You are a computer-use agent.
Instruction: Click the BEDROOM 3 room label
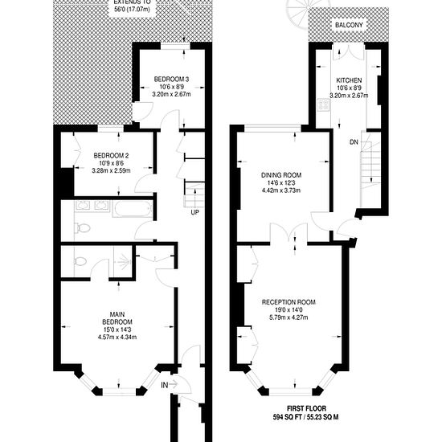(171, 80)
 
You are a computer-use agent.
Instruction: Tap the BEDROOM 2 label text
(112, 155)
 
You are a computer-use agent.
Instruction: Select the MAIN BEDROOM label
(117, 318)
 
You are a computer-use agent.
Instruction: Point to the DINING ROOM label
(281, 175)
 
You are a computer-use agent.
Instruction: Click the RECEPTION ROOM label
(289, 302)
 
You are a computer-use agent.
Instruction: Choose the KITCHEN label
(349, 80)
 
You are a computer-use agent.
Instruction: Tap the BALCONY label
(349, 25)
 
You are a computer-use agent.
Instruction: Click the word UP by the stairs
(194, 212)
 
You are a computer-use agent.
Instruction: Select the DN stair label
(354, 142)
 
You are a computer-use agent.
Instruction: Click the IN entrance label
(165, 385)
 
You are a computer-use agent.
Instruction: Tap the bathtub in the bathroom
(133, 209)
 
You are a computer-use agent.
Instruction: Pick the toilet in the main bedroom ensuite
(80, 262)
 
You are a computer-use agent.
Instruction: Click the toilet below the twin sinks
(82, 227)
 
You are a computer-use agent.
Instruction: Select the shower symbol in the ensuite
(123, 263)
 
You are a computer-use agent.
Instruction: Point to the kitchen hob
(323, 104)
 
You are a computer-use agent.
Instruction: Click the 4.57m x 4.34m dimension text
(117, 338)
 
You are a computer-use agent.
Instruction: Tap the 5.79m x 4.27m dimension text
(289, 317)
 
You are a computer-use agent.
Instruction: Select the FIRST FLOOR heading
(306, 408)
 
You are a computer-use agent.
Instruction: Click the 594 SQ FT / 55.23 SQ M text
(306, 417)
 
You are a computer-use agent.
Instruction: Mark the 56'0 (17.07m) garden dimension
(133, 10)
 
